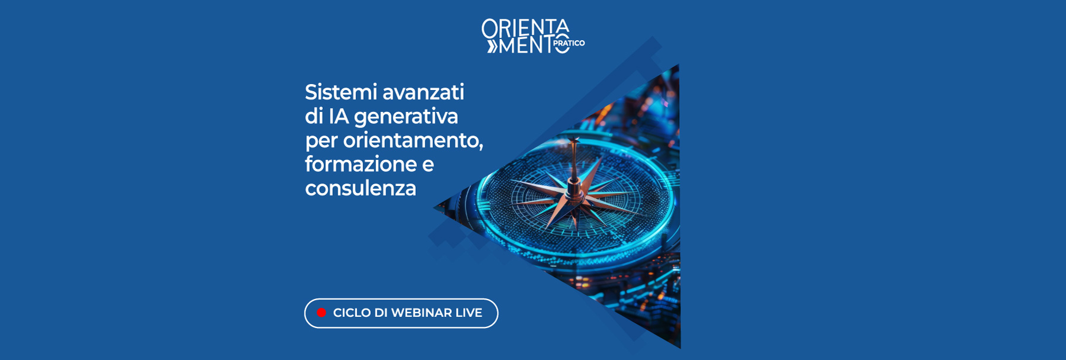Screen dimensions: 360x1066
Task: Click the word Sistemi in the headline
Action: pyautogui.click(x=341, y=92)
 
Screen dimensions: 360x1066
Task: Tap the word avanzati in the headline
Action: pyautogui.click(x=423, y=92)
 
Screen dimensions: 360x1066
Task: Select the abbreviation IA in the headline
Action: pyautogui.click(x=339, y=117)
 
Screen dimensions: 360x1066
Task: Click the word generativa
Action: pyautogui.click(x=406, y=117)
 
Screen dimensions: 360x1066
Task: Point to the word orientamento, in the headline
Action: pyautogui.click(x=413, y=141)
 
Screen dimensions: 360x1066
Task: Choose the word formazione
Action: pyautogui.click(x=361, y=164)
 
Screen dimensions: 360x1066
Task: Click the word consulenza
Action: pyautogui.click(x=360, y=188)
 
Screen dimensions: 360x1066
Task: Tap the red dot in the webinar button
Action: pyautogui.click(x=322, y=313)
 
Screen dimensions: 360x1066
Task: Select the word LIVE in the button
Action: pyautogui.click(x=468, y=313)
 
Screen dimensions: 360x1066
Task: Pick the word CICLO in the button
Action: pyautogui.click(x=352, y=313)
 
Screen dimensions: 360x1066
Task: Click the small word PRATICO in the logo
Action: pyautogui.click(x=569, y=43)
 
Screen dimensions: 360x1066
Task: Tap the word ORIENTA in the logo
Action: pyautogui.click(x=525, y=28)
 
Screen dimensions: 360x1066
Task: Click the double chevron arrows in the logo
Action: pyautogui.click(x=492, y=46)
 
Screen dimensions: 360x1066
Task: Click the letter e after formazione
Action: pyautogui.click(x=428, y=165)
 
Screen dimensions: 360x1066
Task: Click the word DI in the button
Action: pyautogui.click(x=380, y=313)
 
